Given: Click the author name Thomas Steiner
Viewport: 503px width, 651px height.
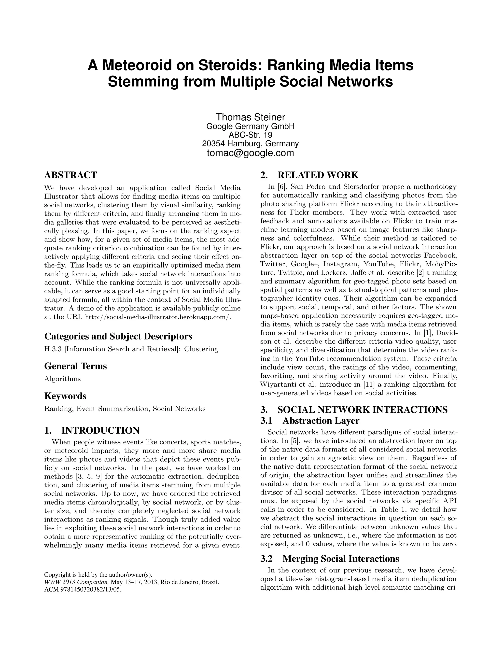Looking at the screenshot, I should [x=250, y=117].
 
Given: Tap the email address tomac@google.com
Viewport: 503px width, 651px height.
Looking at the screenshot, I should [x=250, y=153].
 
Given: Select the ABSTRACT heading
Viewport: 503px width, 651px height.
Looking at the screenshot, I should [x=71, y=175].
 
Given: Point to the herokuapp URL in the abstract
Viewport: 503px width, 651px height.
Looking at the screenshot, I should [x=158, y=317].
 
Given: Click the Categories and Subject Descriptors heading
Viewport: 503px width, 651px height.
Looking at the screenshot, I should [x=118, y=336].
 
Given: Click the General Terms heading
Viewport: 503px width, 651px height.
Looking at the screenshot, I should [x=75, y=366].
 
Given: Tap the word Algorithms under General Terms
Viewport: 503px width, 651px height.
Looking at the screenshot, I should [x=62, y=379].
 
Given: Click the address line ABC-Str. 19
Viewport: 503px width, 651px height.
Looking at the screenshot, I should [x=250, y=135].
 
